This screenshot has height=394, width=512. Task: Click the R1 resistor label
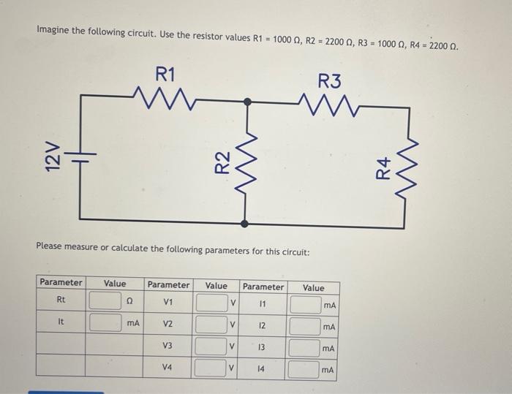click(166, 73)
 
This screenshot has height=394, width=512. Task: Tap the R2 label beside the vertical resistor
click(223, 162)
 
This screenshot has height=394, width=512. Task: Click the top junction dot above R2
click(247, 104)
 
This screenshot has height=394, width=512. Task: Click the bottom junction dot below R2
click(246, 224)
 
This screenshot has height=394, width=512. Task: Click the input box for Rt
click(105, 300)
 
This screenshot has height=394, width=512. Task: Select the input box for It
click(105, 322)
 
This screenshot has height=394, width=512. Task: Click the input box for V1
click(210, 303)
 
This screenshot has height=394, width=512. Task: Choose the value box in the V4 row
click(210, 370)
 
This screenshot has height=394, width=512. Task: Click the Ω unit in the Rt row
click(129, 300)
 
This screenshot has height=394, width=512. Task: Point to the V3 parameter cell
click(167, 346)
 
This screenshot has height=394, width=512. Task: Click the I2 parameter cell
click(262, 325)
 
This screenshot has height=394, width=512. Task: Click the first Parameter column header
click(61, 283)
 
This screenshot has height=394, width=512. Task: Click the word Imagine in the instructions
click(55, 31)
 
